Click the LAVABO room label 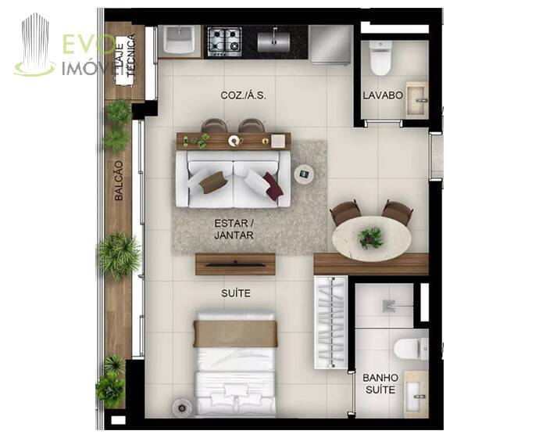pos(383,95)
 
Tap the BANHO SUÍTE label pos(380,383)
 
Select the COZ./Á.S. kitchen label pos(243,95)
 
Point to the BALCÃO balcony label pos(119,181)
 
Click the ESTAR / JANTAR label pos(234,229)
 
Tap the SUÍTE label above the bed pos(236,293)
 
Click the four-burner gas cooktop pos(224,41)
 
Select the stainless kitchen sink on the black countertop pos(273,41)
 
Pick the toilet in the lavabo pos(380,58)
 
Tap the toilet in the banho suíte pos(411,349)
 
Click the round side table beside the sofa pos(304,174)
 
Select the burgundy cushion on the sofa pos(273,186)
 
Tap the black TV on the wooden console pos(235,264)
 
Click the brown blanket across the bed pos(235,333)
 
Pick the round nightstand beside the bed pos(182,408)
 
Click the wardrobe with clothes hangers pos(331,322)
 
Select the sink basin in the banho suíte pos(416,394)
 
